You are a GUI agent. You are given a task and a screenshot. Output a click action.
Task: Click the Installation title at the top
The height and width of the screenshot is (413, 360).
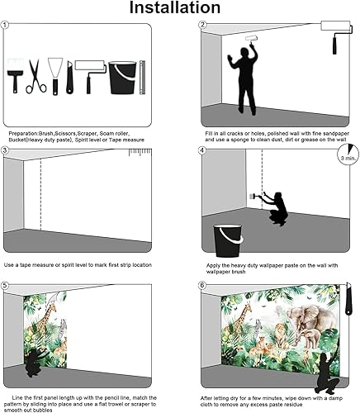(180, 9)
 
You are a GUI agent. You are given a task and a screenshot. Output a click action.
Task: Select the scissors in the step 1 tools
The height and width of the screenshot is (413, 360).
(36, 76)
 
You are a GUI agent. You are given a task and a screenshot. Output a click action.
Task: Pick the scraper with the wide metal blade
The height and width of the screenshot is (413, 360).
(54, 74)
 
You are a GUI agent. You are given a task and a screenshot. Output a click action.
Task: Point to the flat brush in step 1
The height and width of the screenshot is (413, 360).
(16, 76)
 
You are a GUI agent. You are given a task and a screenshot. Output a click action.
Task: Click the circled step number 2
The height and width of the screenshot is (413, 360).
(202, 26)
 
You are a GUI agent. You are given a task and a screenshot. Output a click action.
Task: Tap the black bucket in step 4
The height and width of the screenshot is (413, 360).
(227, 240)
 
